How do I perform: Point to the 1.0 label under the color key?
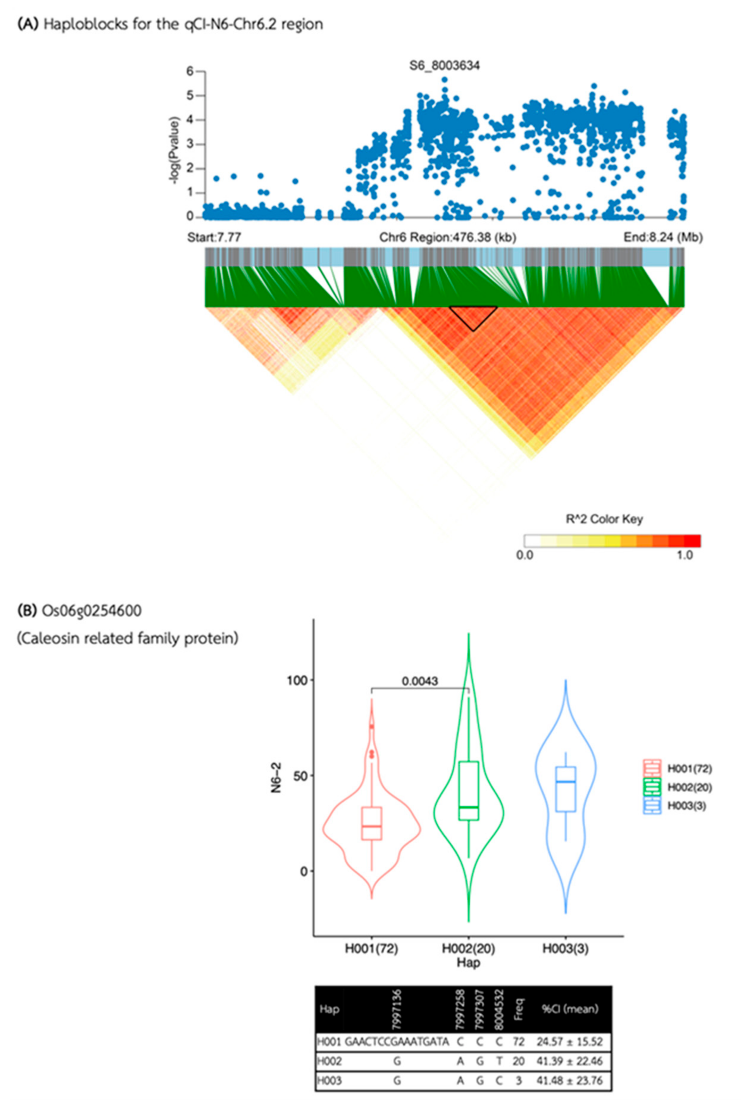(x=684, y=554)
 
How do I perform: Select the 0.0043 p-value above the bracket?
(x=420, y=681)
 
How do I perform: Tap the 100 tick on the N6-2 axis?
(x=297, y=680)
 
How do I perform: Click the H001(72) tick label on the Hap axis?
(x=371, y=948)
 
